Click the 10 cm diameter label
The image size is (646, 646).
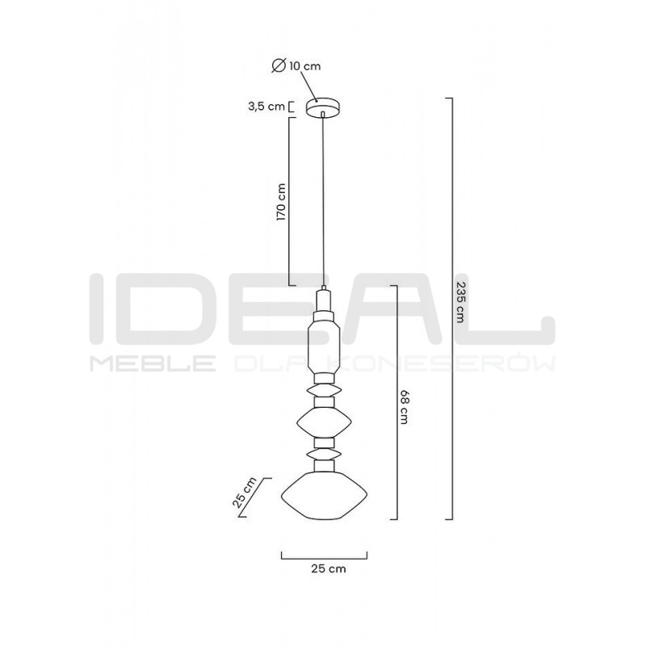point(304,66)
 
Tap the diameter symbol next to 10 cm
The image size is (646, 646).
point(279,66)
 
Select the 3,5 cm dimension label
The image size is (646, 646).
point(266,107)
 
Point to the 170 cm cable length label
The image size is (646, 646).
point(281,202)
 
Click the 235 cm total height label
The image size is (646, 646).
point(460,303)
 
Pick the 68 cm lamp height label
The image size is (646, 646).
point(404,408)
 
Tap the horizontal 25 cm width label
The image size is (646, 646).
point(328,569)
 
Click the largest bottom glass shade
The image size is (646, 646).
point(325,496)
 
